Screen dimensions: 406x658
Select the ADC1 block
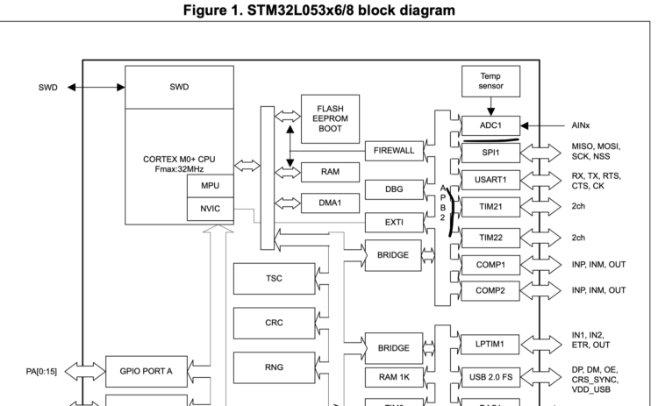(x=491, y=125)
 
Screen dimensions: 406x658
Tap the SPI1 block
(x=491, y=152)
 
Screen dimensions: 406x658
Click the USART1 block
(x=491, y=180)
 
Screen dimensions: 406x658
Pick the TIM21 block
(x=491, y=208)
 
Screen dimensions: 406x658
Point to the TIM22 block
(x=491, y=237)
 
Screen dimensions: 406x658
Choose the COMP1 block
(x=491, y=264)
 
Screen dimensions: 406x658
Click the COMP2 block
(x=491, y=290)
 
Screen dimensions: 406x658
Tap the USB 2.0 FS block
(x=491, y=378)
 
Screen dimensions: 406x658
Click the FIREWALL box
(x=394, y=151)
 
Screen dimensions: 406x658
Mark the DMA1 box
(x=331, y=203)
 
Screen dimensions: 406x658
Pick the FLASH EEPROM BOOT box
(x=330, y=118)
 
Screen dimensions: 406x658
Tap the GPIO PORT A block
(x=147, y=371)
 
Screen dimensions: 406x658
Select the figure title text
(x=329, y=10)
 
